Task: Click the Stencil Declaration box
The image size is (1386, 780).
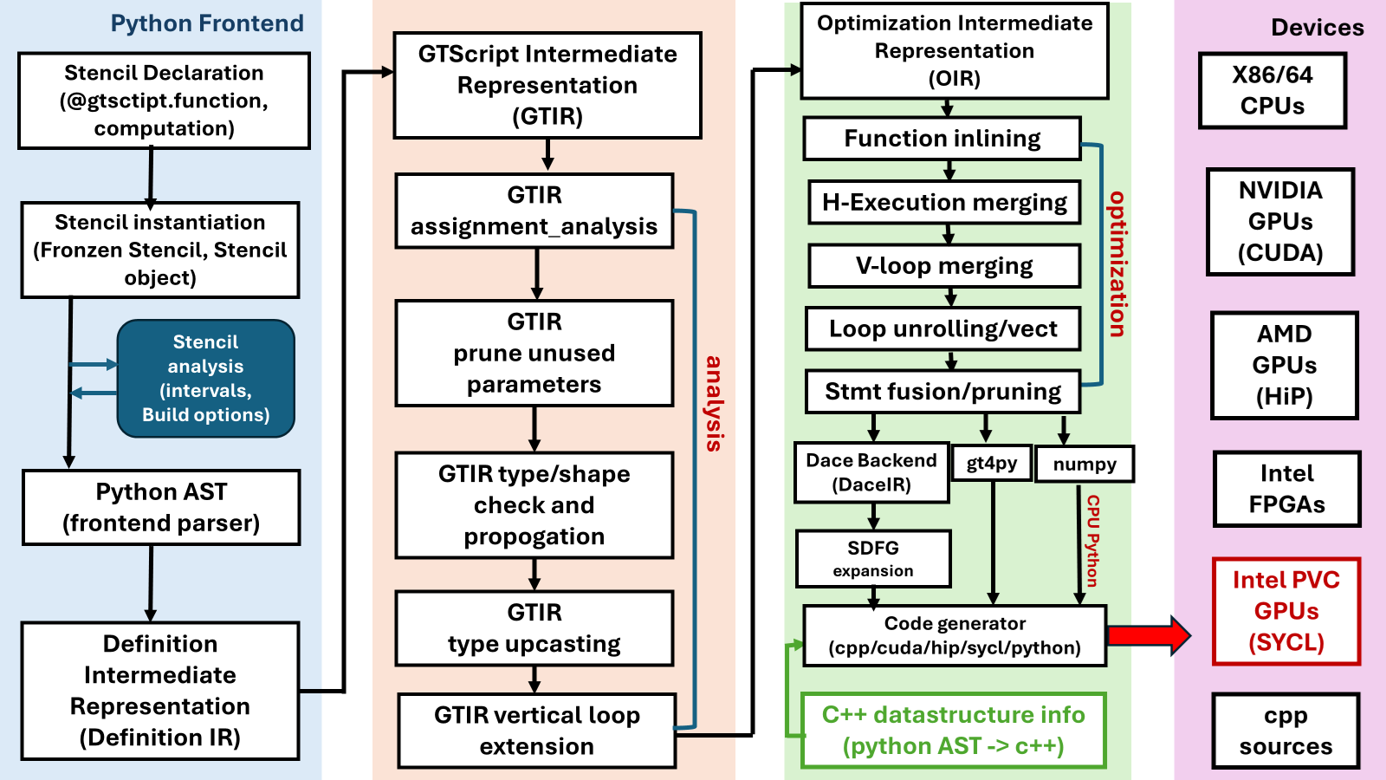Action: click(164, 101)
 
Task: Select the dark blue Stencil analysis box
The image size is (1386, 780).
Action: click(206, 379)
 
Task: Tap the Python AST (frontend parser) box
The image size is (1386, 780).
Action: click(161, 508)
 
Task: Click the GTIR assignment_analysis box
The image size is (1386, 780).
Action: click(534, 211)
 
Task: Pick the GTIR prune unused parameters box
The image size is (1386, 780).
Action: click(534, 353)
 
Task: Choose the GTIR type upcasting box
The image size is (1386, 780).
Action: click(534, 628)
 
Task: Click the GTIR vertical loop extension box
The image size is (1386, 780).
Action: click(536, 731)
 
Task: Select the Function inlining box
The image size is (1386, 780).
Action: click(942, 139)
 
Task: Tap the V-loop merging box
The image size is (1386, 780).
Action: click(943, 265)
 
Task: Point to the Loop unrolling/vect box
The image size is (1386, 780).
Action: click(942, 328)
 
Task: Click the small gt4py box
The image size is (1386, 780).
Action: click(992, 464)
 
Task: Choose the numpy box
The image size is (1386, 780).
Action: click(1084, 465)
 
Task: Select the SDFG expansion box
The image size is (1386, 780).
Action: click(873, 559)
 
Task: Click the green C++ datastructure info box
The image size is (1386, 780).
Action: click(953, 730)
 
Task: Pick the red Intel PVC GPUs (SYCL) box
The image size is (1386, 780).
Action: click(1286, 611)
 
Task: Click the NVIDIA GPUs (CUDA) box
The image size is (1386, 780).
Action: click(1279, 222)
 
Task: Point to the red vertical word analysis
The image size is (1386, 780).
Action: click(714, 403)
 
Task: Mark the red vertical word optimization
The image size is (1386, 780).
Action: click(1118, 263)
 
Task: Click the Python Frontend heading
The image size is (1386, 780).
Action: click(207, 23)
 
